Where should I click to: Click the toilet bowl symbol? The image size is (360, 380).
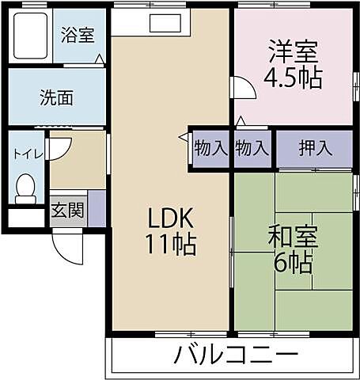click(x=25, y=188)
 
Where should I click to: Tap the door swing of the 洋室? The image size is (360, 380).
click(x=241, y=87)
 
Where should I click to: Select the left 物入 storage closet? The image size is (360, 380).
click(x=210, y=147)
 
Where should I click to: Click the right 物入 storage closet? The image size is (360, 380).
click(x=252, y=147)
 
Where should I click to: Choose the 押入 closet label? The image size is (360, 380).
click(x=314, y=147)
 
